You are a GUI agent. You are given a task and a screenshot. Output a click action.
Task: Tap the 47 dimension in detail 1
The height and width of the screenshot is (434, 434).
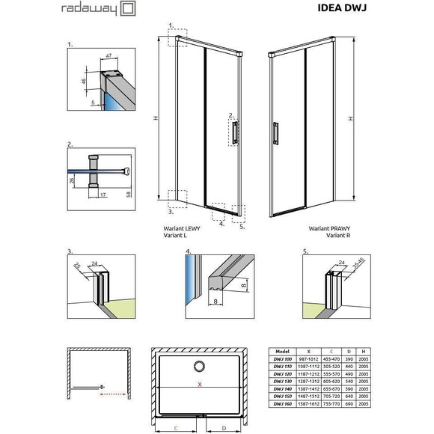(109, 55)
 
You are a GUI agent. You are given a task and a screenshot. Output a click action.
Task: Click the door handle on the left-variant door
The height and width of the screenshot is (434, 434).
(236, 132)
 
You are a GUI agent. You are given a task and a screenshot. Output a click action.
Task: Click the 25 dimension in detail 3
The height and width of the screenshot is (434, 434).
(77, 266)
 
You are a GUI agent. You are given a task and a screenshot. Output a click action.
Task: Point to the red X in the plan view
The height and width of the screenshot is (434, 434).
(199, 384)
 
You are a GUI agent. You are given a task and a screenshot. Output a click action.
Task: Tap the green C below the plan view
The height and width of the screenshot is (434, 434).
(174, 427)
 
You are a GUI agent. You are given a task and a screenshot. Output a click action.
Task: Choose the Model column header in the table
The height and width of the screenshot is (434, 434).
(283, 350)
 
